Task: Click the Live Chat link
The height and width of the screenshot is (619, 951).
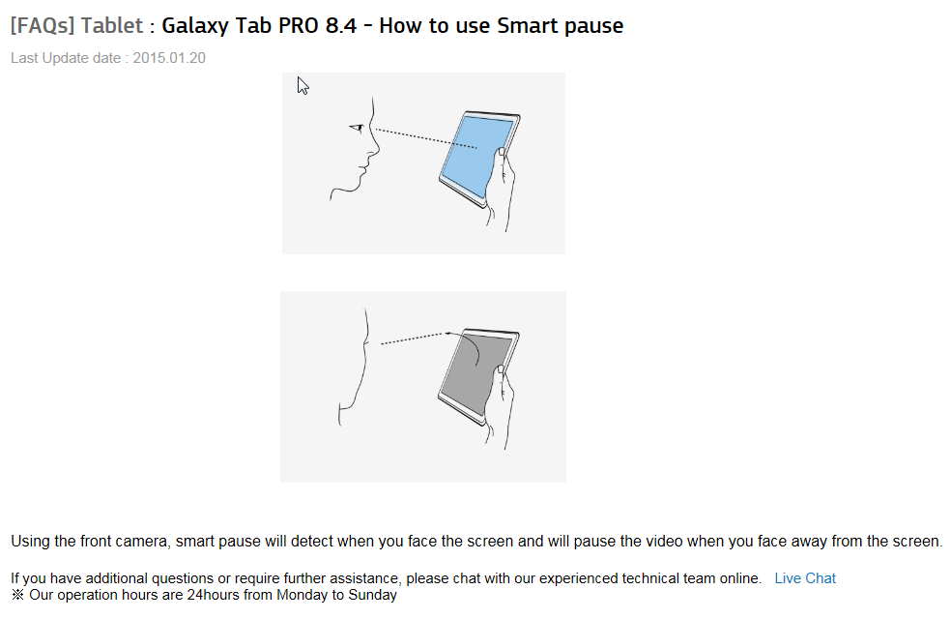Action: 805,578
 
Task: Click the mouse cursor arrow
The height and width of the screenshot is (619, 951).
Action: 303,85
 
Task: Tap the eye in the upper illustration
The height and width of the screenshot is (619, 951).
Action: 357,128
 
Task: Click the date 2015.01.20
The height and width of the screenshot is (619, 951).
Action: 169,58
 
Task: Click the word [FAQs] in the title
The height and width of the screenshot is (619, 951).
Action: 43,25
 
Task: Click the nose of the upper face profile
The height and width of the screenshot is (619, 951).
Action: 375,147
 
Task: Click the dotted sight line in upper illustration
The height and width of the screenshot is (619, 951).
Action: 426,137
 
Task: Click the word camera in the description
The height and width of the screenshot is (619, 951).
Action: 144,541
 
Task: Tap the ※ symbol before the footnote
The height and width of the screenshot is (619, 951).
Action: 17,595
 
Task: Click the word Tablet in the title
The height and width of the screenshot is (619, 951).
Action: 111,25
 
